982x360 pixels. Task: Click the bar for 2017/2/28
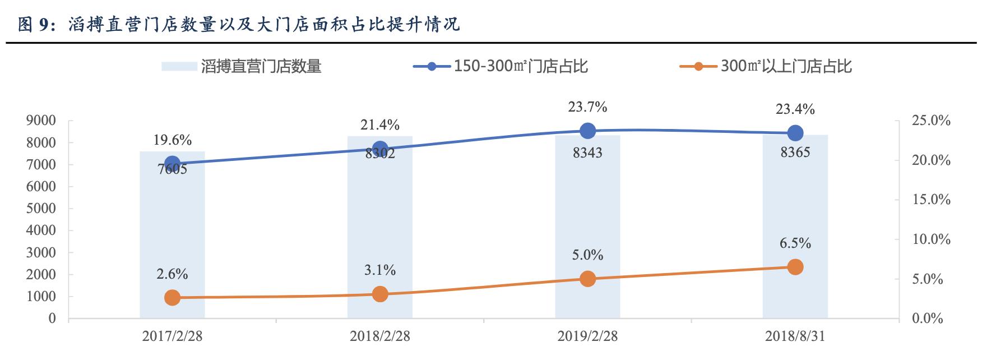[x=172, y=241]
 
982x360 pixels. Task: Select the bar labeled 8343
[x=587, y=236]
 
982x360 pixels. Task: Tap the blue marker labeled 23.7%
[x=587, y=131]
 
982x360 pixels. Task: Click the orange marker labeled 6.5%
[x=795, y=267]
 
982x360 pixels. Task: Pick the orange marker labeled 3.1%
[x=380, y=294]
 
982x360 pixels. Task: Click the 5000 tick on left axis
[x=41, y=209]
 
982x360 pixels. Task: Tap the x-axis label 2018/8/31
[x=795, y=336]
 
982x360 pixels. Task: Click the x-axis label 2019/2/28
[x=587, y=336]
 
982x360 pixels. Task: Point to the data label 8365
[x=795, y=152]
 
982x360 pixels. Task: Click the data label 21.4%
[x=380, y=124]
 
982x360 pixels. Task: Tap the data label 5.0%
[x=587, y=256]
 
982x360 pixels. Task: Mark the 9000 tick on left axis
[x=41, y=121]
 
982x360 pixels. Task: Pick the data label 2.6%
[x=172, y=274]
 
